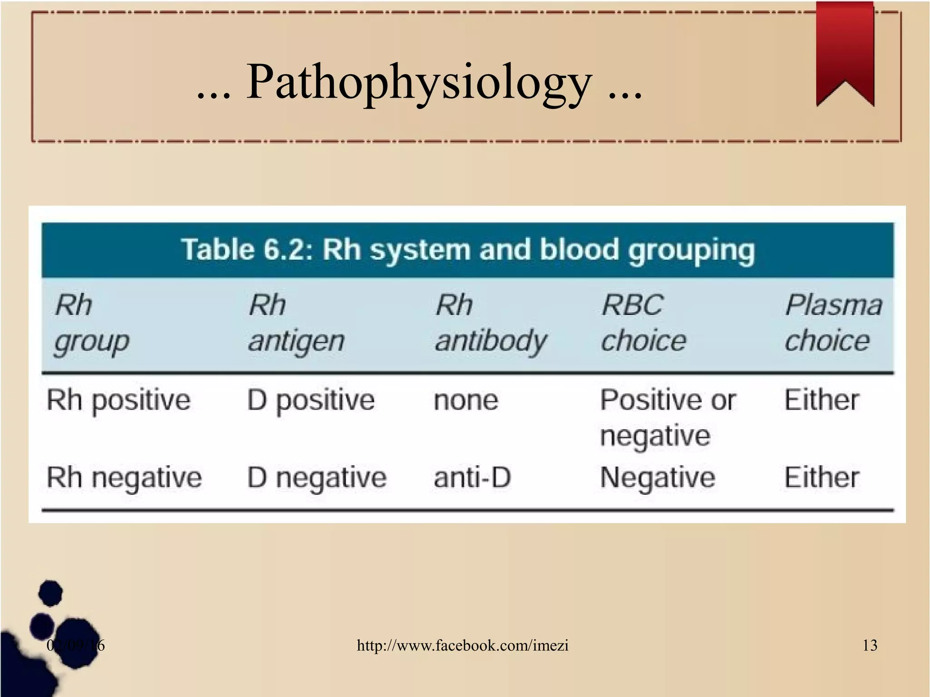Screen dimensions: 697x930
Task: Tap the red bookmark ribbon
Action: (845, 50)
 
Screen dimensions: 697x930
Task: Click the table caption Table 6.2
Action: (468, 250)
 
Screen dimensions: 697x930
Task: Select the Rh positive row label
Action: (118, 400)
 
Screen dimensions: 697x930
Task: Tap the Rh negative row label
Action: (124, 478)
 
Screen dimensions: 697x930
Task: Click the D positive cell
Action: (311, 400)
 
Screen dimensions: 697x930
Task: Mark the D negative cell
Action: (317, 478)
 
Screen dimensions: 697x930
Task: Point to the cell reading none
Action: (465, 400)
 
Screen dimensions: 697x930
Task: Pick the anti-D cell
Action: (472, 478)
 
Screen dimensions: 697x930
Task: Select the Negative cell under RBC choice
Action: (657, 478)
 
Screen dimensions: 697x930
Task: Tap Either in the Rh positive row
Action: (821, 400)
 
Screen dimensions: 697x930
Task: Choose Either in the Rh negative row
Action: (821, 478)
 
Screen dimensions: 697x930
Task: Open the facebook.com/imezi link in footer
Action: (462, 645)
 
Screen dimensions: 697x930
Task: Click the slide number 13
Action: (870, 645)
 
